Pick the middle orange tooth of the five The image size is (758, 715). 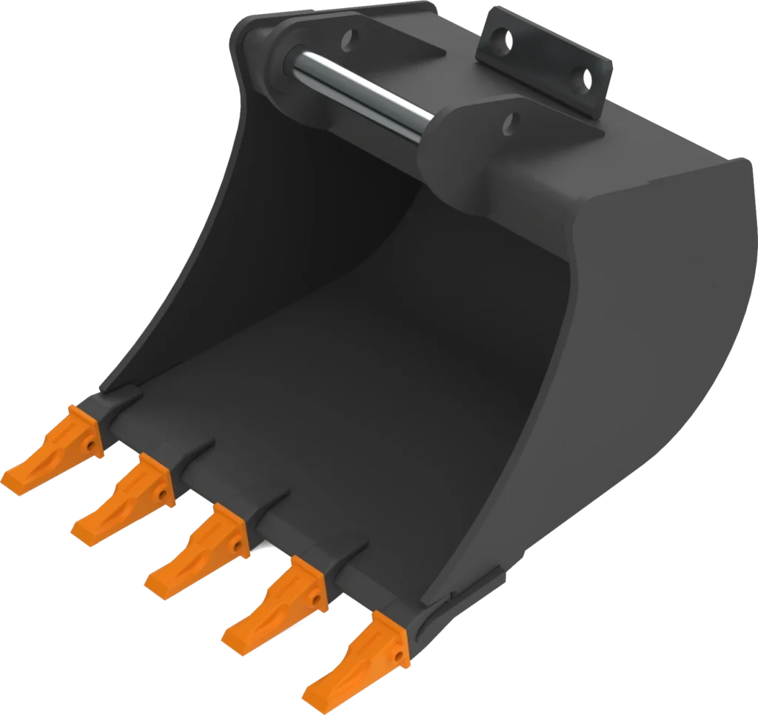coord(196,551)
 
